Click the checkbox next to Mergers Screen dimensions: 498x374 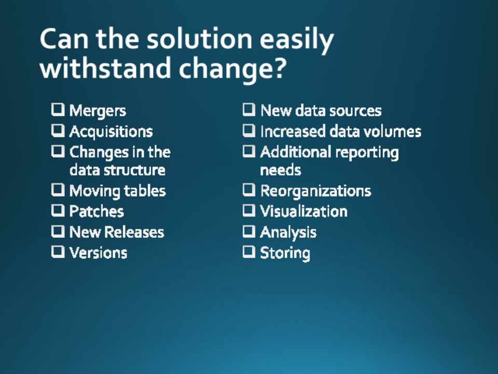tap(58, 110)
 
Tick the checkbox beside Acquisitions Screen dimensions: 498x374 tap(58, 131)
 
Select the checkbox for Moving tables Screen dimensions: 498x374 tap(58, 190)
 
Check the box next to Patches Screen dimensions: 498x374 tap(58, 210)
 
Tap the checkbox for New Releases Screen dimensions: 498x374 tap(58, 232)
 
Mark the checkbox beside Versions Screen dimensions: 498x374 tap(58, 252)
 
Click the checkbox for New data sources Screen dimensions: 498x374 tap(249, 110)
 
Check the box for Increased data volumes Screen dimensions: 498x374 tap(249, 131)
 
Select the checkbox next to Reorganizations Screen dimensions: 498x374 tap(249, 190)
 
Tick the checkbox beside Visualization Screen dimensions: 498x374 tap(249, 210)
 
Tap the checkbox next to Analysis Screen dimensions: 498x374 tap(249, 232)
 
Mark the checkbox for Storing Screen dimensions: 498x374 tap(249, 252)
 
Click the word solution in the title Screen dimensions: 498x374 tap(199, 39)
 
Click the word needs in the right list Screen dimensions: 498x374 tap(281, 171)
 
